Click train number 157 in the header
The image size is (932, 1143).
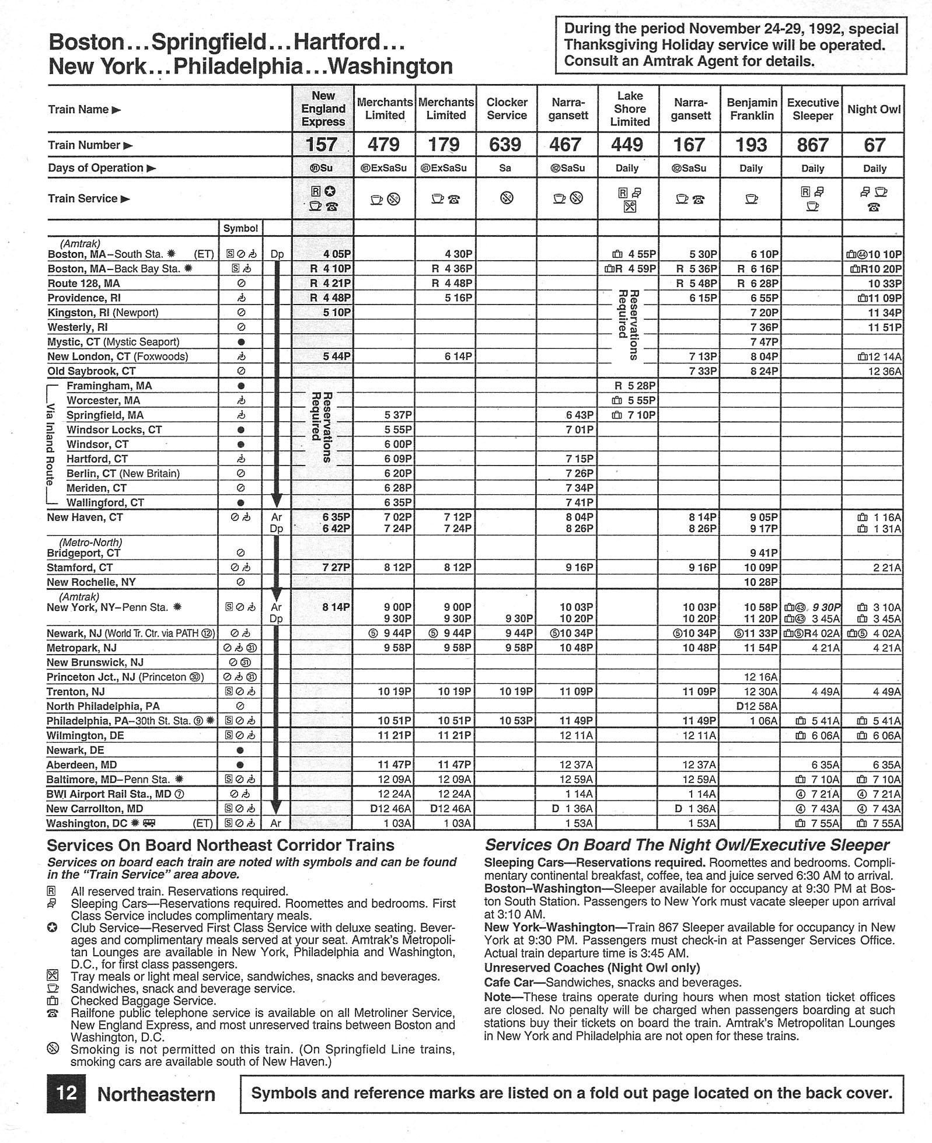322,145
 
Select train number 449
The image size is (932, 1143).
627,145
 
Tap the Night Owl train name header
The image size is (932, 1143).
874,109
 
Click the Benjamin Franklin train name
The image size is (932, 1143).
752,109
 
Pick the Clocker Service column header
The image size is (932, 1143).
507,109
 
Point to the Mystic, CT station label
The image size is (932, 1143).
113,342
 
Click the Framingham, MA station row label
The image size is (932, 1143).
109,386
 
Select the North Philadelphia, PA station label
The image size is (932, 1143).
103,706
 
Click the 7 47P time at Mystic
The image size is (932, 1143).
764,342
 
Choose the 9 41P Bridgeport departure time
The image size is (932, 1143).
764,553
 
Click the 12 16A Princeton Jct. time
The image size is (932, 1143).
762,677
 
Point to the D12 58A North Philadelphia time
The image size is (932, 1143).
758,706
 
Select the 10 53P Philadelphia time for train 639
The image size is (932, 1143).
516,721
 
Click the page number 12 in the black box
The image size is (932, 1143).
66,1092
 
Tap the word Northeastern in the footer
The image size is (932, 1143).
156,1094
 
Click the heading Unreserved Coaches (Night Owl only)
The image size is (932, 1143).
592,968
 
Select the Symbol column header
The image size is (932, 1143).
240,228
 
